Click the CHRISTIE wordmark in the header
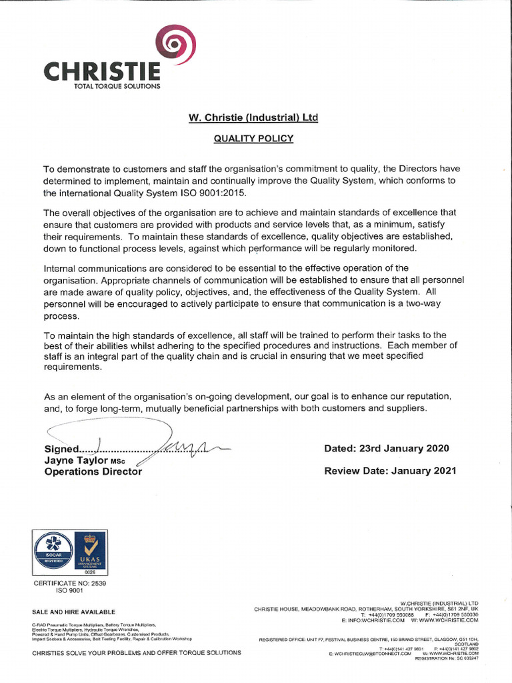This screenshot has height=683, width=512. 102,70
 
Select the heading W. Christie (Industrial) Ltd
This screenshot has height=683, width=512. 253,118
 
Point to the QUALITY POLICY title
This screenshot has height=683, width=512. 253,139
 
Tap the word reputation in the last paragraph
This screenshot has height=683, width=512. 418,396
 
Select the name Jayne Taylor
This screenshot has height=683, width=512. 75,460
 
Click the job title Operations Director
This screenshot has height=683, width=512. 93,472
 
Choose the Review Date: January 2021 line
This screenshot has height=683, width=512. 390,471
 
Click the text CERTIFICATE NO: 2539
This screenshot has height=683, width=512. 70,583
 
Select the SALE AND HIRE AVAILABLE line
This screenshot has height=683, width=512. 74,612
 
